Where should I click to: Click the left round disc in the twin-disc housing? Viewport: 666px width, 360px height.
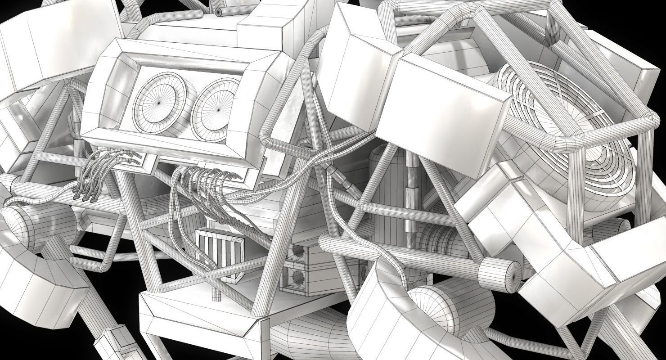pos(160,101)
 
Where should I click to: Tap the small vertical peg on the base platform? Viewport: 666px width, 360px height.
pos(216,293)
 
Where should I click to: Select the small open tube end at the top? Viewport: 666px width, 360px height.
pos(219,12)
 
